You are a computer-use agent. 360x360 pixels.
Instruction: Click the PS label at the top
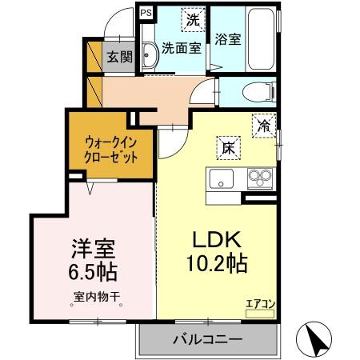coord(145,14)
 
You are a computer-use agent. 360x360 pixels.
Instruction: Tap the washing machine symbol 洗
coord(192,18)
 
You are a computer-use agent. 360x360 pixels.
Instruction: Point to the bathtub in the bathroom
coord(260,40)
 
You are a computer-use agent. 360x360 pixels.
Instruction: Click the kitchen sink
coord(220,177)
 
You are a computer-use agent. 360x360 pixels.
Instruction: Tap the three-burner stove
coord(259,176)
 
